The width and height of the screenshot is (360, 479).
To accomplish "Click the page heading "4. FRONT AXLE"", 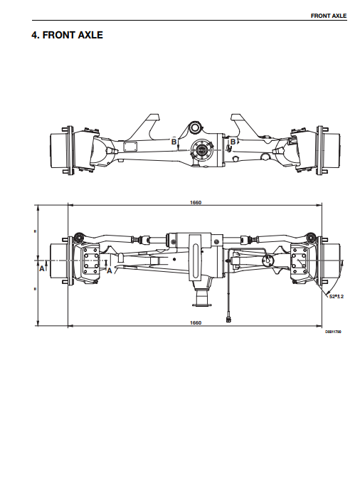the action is pyautogui.click(x=67, y=35).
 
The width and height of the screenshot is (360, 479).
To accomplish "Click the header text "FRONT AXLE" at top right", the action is pyautogui.click(x=329, y=16).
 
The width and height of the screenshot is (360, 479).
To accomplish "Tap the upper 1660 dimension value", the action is pyautogui.click(x=196, y=202).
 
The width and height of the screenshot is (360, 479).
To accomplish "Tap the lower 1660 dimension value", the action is pyautogui.click(x=196, y=322).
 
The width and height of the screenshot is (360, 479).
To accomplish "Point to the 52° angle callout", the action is pyautogui.click(x=337, y=296).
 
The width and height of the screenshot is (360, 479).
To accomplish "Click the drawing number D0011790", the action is pyautogui.click(x=333, y=332).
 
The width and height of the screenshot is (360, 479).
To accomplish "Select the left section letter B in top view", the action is pyautogui.click(x=174, y=142).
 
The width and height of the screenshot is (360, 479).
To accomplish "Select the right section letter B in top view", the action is pyautogui.click(x=233, y=142).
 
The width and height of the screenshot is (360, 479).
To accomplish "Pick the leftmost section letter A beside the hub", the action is pyautogui.click(x=42, y=268).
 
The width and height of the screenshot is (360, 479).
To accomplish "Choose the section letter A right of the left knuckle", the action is pyautogui.click(x=109, y=270).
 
